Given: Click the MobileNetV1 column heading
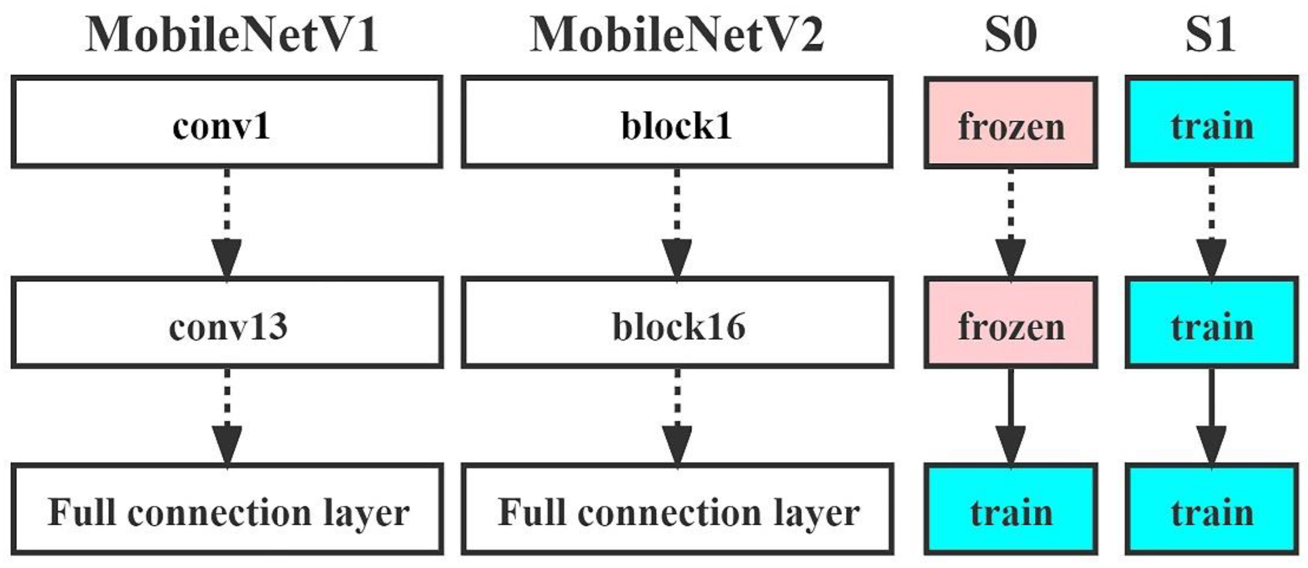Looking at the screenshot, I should (x=232, y=34).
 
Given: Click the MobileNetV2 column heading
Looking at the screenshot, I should (x=677, y=34).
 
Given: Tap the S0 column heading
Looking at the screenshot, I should (x=1011, y=34).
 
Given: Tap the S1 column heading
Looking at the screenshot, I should (x=1211, y=34).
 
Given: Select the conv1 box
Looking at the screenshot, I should (x=226, y=122).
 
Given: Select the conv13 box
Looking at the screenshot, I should (x=226, y=322).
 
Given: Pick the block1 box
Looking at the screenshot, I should (x=677, y=122).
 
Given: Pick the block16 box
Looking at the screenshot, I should (x=677, y=322).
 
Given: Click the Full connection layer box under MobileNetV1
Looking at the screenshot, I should (x=226, y=509).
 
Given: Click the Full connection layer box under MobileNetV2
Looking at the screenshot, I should (x=677, y=509).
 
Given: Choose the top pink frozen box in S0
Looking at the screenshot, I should (x=1011, y=122).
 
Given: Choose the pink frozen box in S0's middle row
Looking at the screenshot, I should (x=1011, y=322).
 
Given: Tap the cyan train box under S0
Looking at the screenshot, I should (x=1011, y=509).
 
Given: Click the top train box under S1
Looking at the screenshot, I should (x=1212, y=122).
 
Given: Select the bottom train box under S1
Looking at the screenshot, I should (x=1212, y=509).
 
